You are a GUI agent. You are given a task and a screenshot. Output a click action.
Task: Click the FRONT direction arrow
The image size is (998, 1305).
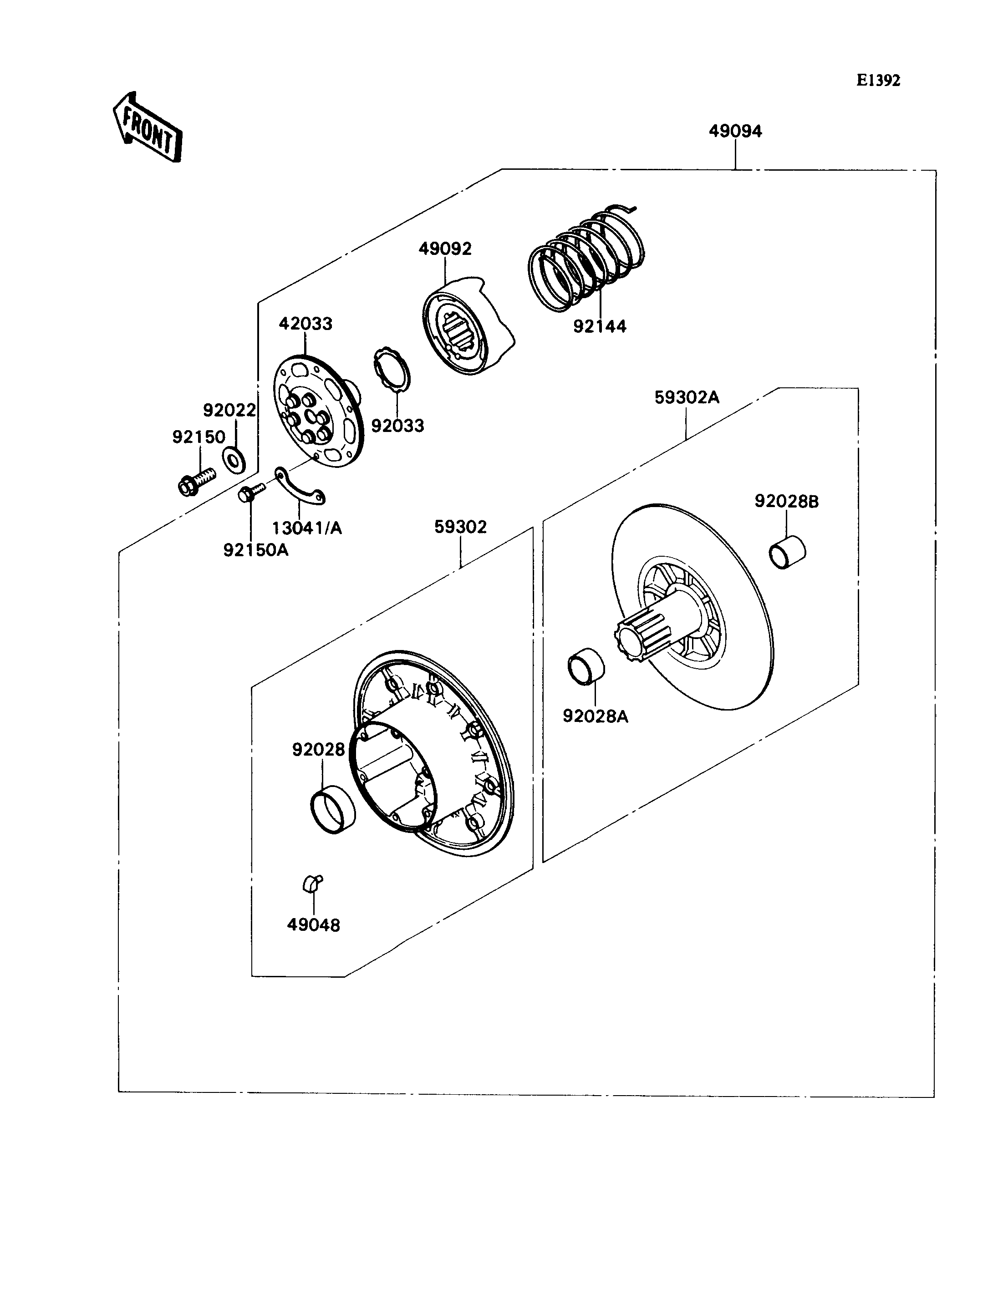coord(148,127)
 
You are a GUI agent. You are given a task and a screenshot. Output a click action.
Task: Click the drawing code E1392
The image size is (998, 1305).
coord(878,81)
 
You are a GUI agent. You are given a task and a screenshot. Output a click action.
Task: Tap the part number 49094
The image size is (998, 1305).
coord(735,131)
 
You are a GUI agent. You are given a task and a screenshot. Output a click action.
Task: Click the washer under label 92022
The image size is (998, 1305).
coord(234,460)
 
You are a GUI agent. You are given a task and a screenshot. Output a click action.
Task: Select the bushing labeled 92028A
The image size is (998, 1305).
coord(587,667)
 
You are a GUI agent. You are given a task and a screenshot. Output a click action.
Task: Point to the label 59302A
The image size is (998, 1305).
coord(686,397)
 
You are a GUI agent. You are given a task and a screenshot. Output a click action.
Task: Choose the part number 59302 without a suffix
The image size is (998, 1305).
coord(460,527)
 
